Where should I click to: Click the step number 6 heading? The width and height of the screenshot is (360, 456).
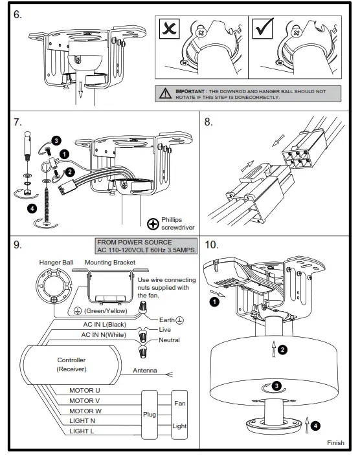click(x=17, y=14)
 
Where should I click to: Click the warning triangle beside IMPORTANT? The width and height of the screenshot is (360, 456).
click(x=166, y=95)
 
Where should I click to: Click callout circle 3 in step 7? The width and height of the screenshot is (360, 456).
click(x=56, y=140)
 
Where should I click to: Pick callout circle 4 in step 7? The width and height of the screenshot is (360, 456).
click(x=32, y=208)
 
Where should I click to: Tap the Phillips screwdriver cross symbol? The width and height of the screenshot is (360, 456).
click(x=153, y=224)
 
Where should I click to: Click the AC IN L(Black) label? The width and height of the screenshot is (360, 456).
click(x=105, y=325)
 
